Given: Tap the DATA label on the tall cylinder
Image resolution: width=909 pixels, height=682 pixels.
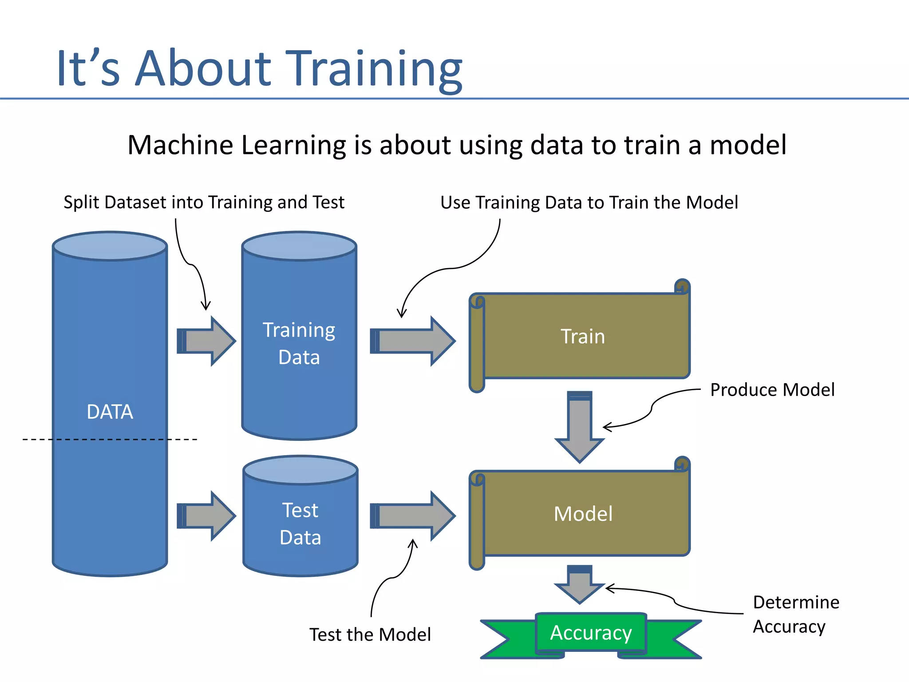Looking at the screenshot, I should (x=110, y=412).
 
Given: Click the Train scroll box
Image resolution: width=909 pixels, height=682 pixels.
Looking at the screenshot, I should (x=582, y=336).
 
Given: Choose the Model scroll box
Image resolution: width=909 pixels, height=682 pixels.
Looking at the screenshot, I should (x=582, y=514).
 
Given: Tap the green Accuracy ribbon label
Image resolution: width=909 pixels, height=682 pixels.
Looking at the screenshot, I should (x=591, y=633).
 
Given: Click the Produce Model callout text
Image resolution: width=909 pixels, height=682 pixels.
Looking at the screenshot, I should (x=772, y=390).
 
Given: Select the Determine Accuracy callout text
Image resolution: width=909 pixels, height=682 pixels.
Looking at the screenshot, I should (x=796, y=614).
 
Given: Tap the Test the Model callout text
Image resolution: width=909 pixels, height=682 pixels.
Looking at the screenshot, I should (x=370, y=634).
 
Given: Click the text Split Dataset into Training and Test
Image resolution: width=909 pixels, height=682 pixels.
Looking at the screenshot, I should (x=204, y=202).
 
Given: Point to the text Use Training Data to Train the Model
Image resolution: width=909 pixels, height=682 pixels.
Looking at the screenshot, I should (x=589, y=202).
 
